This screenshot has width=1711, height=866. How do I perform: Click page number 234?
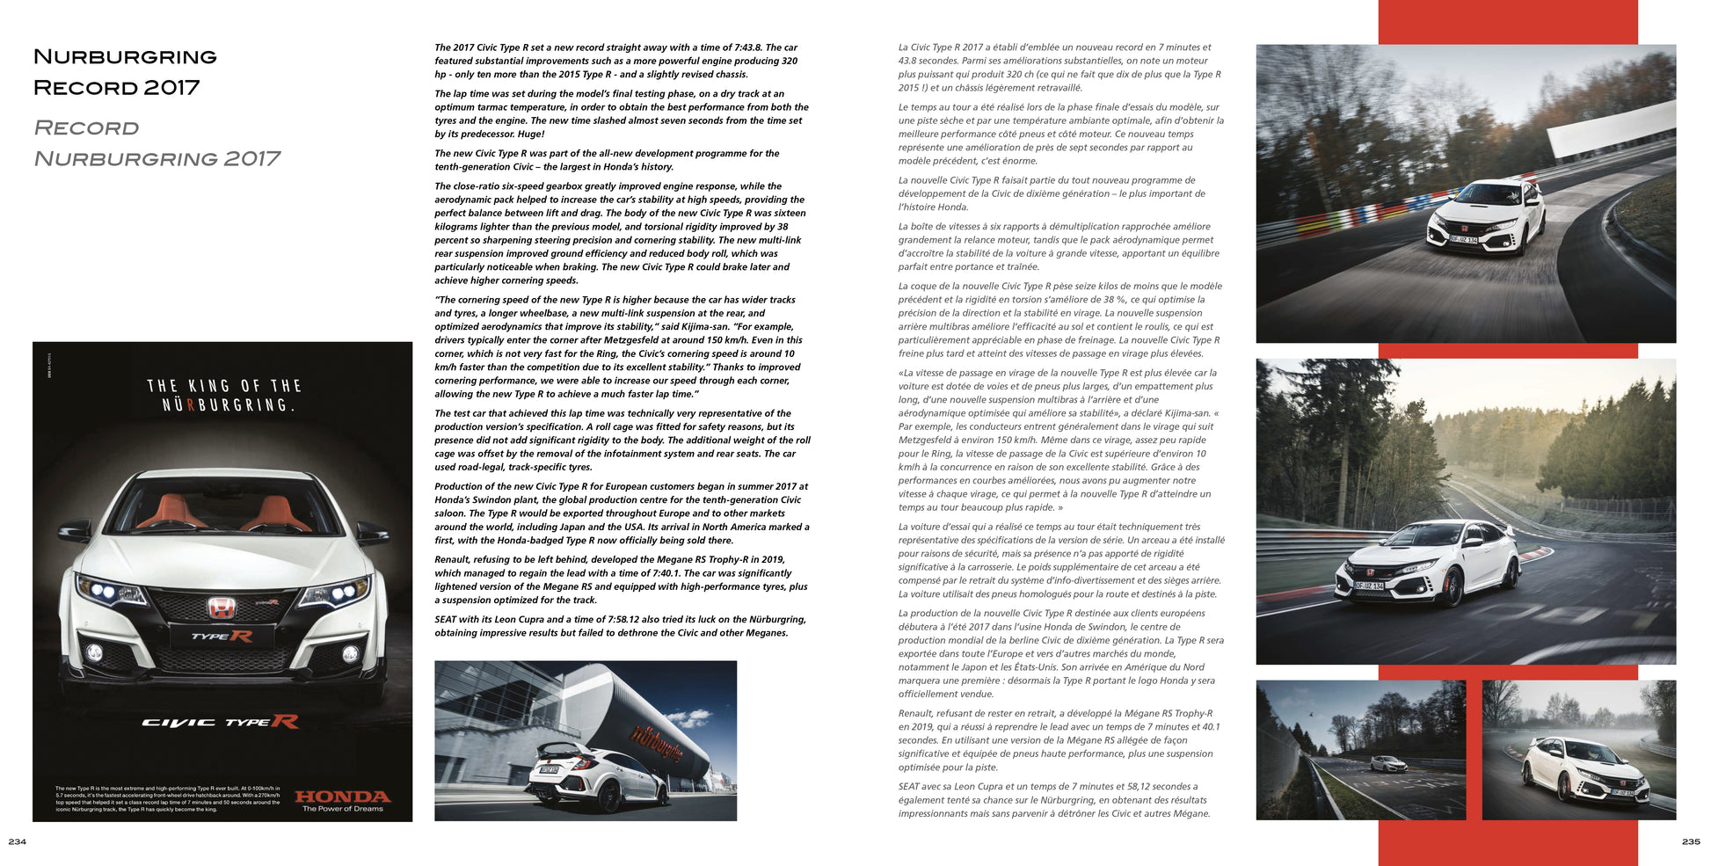(17, 841)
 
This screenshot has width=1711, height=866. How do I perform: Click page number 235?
(1690, 841)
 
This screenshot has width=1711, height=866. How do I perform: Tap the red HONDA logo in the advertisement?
(342, 796)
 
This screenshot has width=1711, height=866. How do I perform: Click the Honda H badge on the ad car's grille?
(222, 607)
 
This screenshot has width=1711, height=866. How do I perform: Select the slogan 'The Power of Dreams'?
(342, 809)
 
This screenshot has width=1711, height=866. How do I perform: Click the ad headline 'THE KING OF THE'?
(223, 386)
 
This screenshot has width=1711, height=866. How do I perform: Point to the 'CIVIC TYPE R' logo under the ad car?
(221, 722)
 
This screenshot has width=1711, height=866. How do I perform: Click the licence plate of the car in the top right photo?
(1463, 239)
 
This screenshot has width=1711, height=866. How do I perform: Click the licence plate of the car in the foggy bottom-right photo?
(1622, 793)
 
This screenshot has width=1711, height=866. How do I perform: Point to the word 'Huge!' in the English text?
(530, 134)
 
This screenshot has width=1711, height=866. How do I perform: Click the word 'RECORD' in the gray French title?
(86, 128)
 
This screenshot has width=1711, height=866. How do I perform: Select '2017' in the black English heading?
(171, 87)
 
